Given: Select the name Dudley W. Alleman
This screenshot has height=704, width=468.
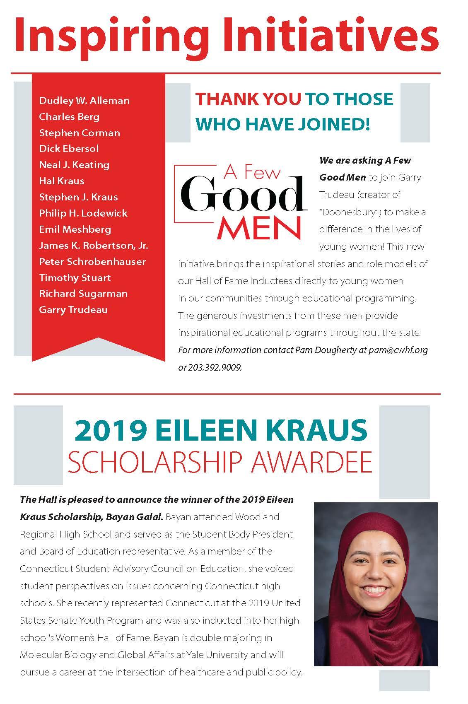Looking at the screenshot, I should (84, 101).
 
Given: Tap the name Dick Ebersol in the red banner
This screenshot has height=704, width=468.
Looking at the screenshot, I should (69, 149).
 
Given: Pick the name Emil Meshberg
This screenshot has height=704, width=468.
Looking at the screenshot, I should (75, 229).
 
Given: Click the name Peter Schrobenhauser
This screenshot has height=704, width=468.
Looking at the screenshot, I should (92, 262).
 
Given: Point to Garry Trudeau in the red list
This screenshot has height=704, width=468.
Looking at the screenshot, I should (73, 310).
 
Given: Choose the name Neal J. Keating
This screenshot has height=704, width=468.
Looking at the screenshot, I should (74, 165).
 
